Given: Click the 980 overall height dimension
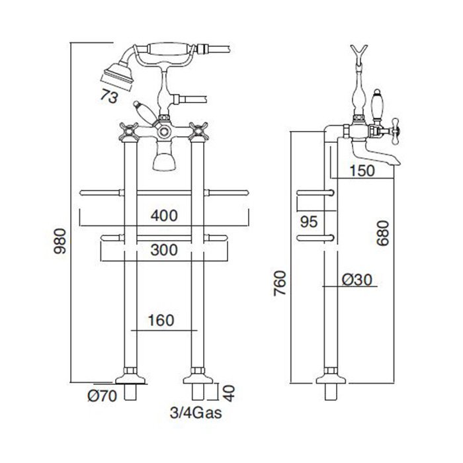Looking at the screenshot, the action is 61,241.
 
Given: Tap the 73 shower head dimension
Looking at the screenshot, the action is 109,97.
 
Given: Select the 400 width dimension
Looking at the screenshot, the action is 164,216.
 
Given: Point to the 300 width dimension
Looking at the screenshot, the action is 164,250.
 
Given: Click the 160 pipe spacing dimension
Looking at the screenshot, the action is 161,320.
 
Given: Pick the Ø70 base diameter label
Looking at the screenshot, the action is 103,396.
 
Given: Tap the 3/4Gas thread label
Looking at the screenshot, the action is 196,413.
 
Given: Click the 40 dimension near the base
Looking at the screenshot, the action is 229,392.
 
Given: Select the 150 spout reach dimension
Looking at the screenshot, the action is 362,171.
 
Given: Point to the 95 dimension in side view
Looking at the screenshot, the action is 309,222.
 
